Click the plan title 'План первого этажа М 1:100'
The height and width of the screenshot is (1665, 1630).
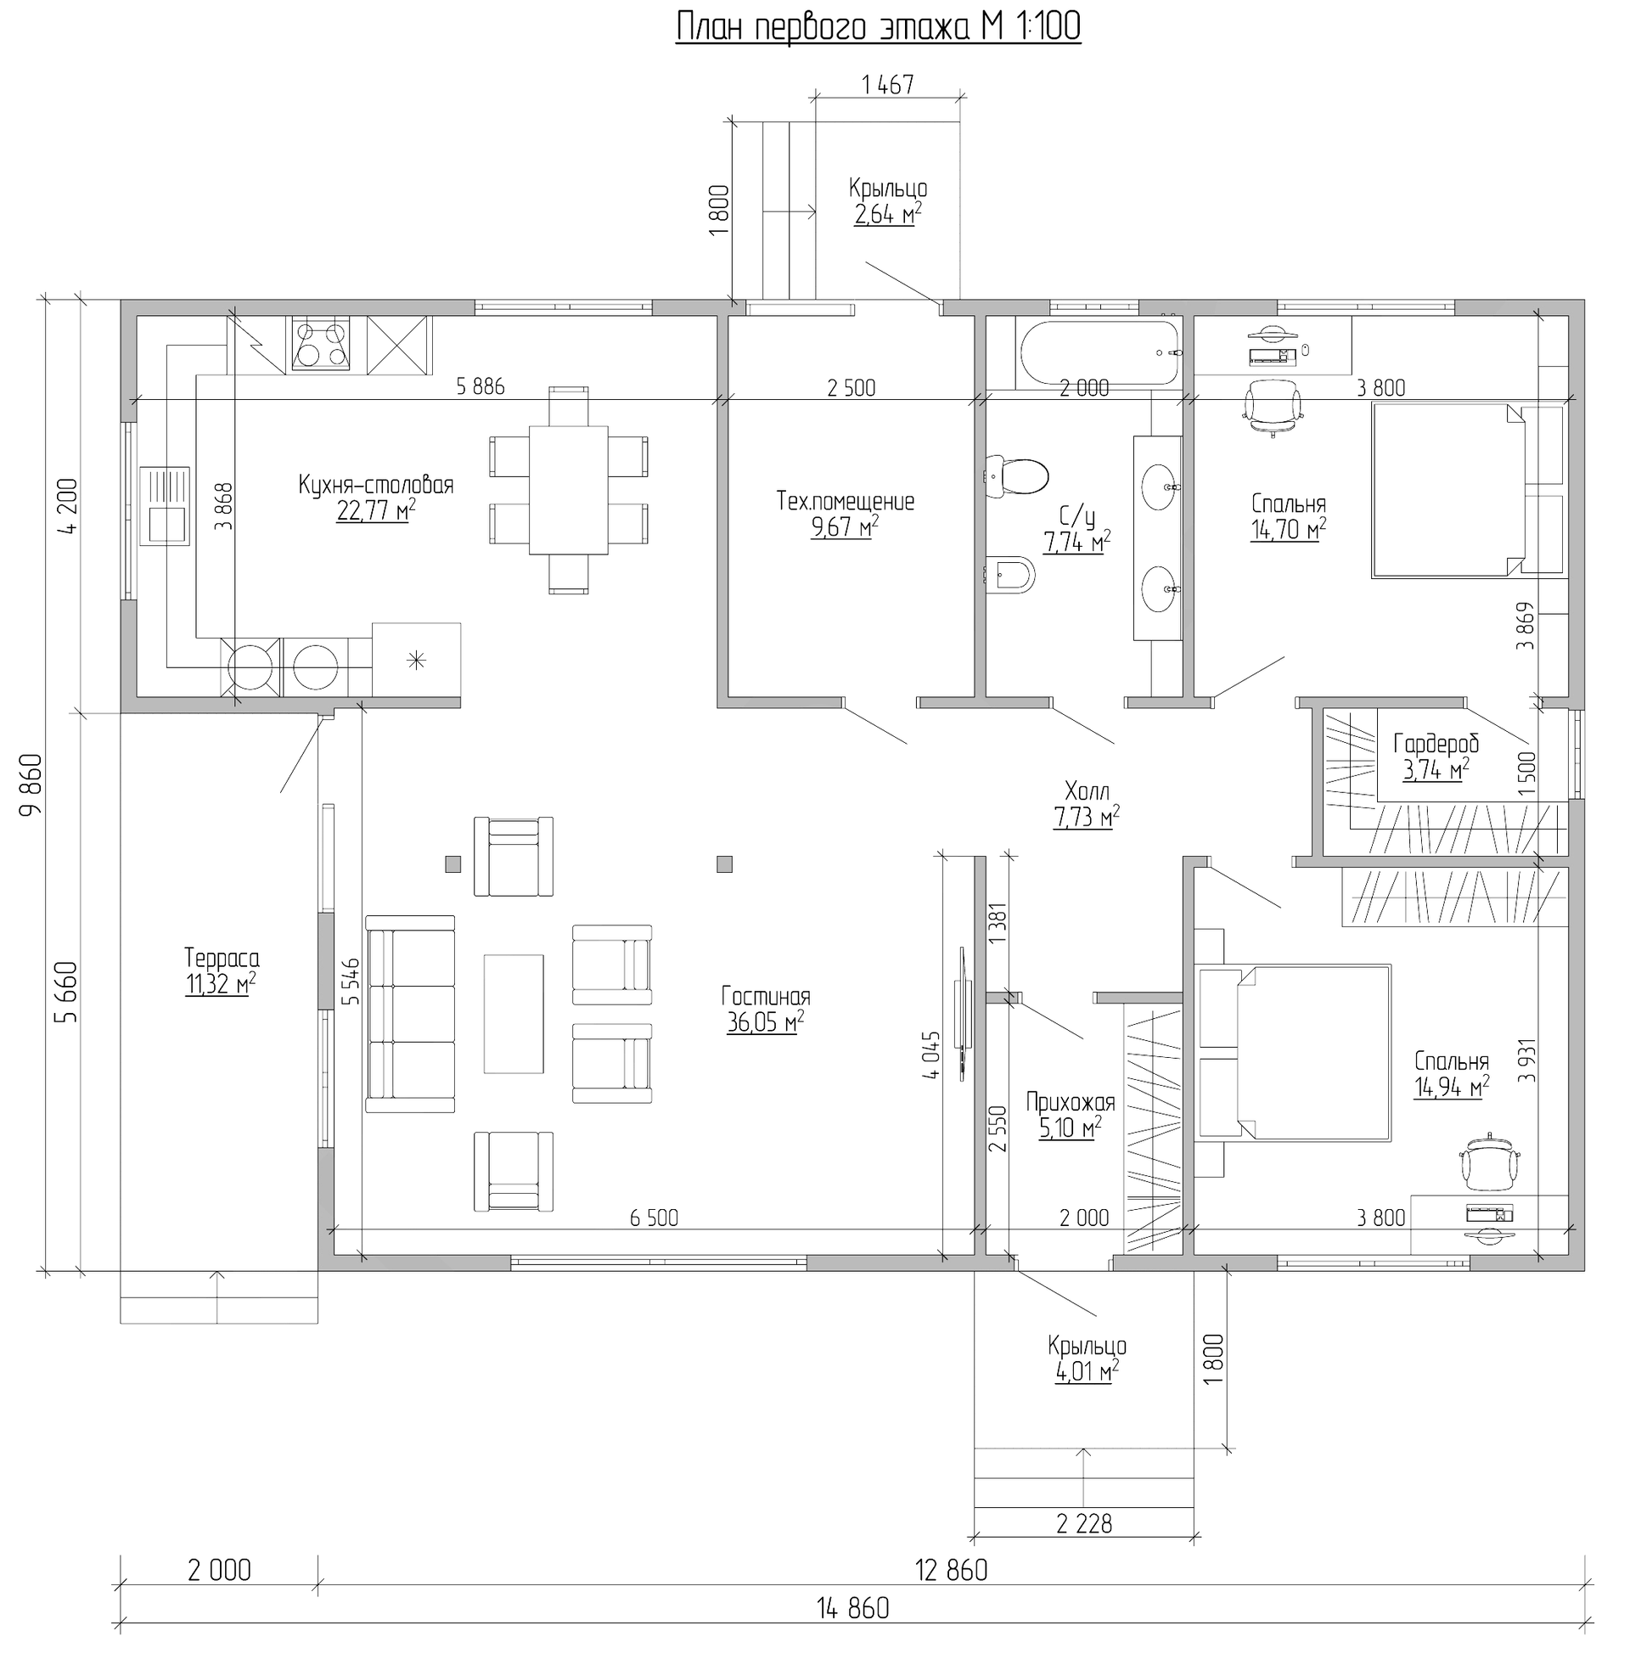click(x=879, y=26)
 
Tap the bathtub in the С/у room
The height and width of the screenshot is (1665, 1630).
click(x=1099, y=353)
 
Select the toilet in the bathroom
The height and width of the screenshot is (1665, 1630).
click(x=1016, y=476)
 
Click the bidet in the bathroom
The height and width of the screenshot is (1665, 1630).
click(x=1010, y=576)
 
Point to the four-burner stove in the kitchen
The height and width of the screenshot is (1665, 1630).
click(x=321, y=343)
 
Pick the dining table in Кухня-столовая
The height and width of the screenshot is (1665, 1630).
click(x=569, y=491)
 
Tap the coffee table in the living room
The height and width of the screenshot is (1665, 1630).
click(x=514, y=1014)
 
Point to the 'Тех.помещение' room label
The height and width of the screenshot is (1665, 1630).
click(x=845, y=501)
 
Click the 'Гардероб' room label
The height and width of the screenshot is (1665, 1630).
click(x=1436, y=744)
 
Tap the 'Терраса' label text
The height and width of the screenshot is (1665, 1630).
click(x=222, y=958)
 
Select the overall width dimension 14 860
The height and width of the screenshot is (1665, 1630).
click(x=852, y=1608)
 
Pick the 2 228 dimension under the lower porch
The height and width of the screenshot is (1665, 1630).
click(x=1084, y=1524)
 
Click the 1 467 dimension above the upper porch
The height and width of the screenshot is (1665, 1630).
click(x=888, y=85)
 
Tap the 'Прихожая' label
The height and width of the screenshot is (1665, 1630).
click(x=1071, y=1102)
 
